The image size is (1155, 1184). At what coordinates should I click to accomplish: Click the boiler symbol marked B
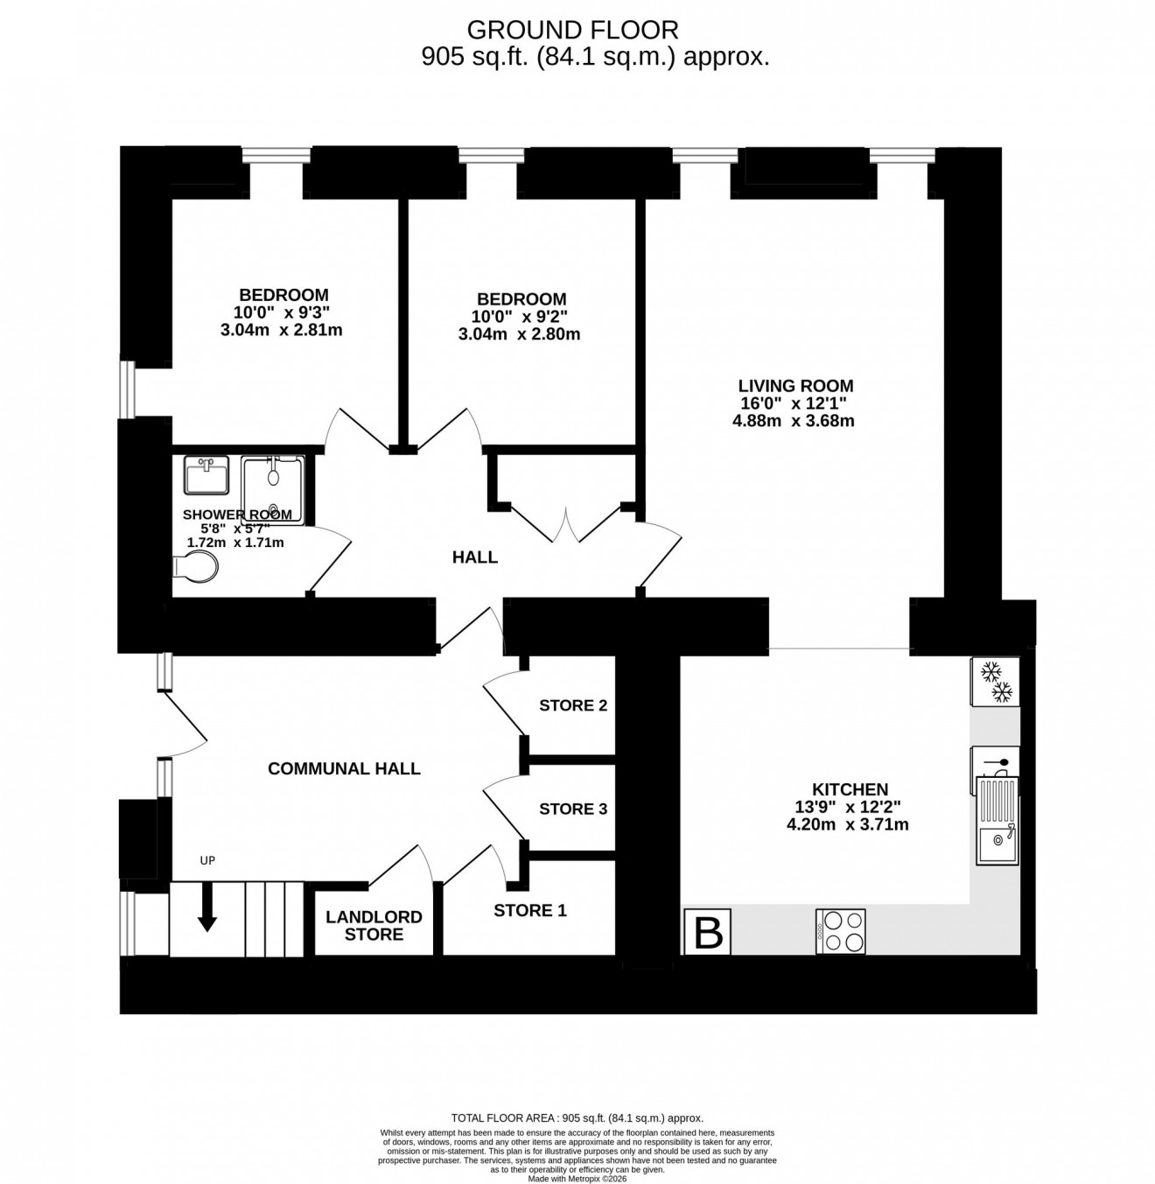point(707,933)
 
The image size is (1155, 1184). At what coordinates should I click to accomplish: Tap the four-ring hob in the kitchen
point(841,931)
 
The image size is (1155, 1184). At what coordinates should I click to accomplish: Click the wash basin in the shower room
point(206,474)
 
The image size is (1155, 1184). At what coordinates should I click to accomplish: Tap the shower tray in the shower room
point(273,489)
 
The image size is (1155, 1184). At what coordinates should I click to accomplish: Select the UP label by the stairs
point(207,860)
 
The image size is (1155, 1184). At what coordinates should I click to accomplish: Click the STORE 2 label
point(573,705)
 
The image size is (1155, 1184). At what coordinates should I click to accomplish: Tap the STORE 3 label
point(573,809)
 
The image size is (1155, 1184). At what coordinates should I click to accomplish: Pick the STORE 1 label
point(530,911)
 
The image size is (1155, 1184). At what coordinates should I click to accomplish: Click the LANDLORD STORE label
point(374,926)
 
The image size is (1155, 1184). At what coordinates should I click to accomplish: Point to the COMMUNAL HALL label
point(344,768)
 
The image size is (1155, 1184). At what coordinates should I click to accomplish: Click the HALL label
point(475,557)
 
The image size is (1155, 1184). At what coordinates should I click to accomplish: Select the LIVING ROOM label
point(795,386)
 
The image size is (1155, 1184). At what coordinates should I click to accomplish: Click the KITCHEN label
point(850,789)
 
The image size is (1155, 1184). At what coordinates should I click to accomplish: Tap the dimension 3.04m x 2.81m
point(281,331)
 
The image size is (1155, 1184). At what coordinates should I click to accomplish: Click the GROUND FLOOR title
point(572,30)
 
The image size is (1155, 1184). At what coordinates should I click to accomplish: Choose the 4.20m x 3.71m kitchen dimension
point(847,824)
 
